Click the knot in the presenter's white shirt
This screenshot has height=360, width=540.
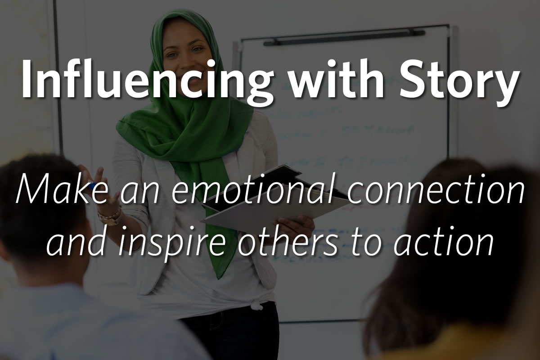click(x=257, y=306)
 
